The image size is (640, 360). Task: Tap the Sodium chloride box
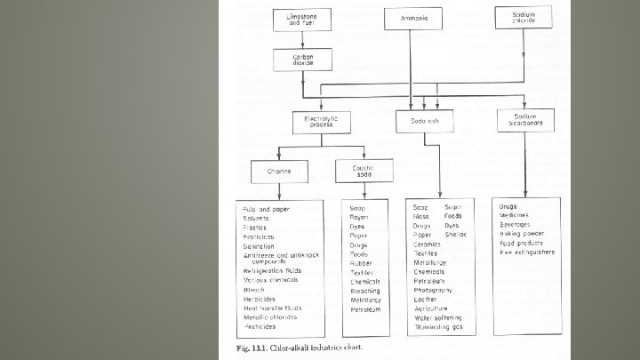524,18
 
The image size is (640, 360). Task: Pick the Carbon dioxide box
302,60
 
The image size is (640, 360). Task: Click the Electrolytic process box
308,123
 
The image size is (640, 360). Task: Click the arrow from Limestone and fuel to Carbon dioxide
302,39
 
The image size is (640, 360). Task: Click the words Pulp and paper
266,208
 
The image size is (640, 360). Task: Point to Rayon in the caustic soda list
358,217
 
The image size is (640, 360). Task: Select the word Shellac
456,235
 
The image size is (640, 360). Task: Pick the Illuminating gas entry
440,327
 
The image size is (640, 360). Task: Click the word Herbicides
260,299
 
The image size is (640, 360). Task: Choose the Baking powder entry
522,234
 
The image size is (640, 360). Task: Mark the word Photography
433,290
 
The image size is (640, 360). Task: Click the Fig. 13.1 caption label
254,345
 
